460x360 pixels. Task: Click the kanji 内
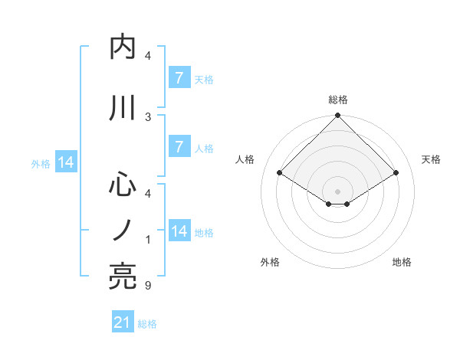pyautogui.click(x=123, y=47)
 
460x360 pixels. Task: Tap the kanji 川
pyautogui.click(x=123, y=108)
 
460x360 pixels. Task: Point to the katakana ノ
pyautogui.click(x=123, y=230)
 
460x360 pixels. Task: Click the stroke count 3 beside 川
pyautogui.click(x=148, y=116)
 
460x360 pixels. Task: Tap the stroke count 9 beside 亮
pyautogui.click(x=148, y=286)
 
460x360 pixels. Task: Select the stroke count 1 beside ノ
pyautogui.click(x=148, y=240)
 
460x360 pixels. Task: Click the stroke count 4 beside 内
pyautogui.click(x=148, y=56)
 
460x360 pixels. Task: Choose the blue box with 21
pyautogui.click(x=122, y=322)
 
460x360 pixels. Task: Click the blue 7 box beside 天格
pyautogui.click(x=179, y=77)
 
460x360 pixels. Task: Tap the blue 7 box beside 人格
pyautogui.click(x=179, y=147)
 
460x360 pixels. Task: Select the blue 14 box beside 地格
pyautogui.click(x=179, y=231)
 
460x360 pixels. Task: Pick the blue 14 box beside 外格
pyautogui.click(x=65, y=162)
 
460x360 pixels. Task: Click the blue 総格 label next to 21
pyautogui.click(x=147, y=324)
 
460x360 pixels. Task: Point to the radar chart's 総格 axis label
pyautogui.click(x=338, y=100)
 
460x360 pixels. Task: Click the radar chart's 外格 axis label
pyautogui.click(x=270, y=262)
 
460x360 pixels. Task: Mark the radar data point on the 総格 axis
pyautogui.click(x=338, y=116)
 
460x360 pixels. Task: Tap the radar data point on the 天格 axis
pyautogui.click(x=396, y=173)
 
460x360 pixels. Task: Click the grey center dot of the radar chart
pyautogui.click(x=338, y=191)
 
